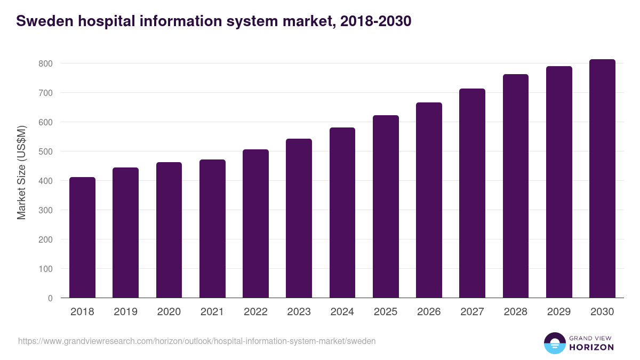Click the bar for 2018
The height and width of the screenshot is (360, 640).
[82, 237]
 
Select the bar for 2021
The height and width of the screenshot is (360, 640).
[212, 229]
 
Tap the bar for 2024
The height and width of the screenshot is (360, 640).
[342, 213]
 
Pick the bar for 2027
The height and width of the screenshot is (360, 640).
[473, 193]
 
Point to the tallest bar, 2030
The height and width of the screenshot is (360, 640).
[602, 179]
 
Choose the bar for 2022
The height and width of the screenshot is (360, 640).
[255, 223]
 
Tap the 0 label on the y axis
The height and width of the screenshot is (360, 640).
[50, 298]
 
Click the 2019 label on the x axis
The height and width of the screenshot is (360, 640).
[125, 312]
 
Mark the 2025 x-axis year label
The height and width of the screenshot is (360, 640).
[386, 312]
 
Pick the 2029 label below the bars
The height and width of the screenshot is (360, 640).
[559, 312]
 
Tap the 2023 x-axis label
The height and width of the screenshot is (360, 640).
[299, 312]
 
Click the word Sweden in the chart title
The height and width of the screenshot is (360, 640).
[45, 21]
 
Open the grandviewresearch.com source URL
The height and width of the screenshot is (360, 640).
[197, 341]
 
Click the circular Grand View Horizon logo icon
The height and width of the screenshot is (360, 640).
[555, 343]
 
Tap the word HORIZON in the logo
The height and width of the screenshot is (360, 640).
[591, 347]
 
